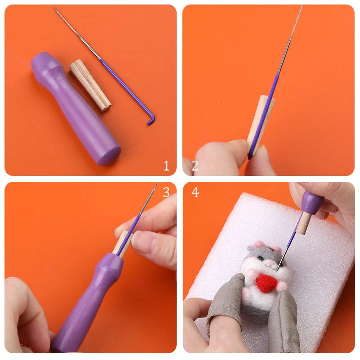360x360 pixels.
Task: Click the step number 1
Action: [x=166, y=166]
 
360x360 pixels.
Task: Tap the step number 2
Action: [x=195, y=166]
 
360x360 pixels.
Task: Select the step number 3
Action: [x=166, y=192]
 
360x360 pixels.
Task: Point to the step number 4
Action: [x=195, y=192]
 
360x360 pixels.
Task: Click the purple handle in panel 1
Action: [x=76, y=108]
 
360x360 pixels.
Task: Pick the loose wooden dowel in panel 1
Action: [x=90, y=85]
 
